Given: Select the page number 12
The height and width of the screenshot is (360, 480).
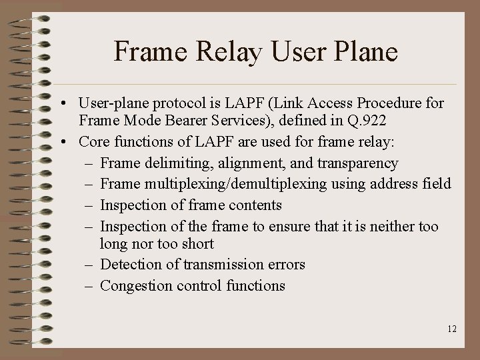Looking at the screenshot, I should (x=452, y=329).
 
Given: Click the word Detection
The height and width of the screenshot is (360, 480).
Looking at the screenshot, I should (x=132, y=265).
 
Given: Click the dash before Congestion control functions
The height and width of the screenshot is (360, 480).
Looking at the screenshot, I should (x=90, y=286).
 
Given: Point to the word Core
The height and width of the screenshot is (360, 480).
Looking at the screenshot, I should (x=94, y=142).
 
